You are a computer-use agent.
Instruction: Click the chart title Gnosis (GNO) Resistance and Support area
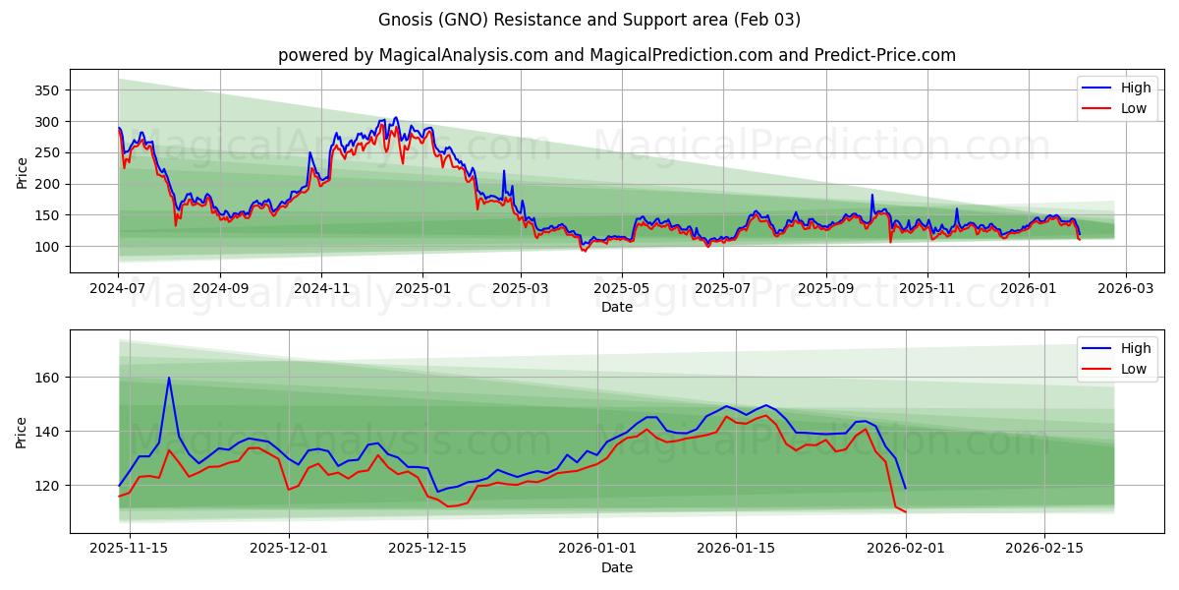pos(589,20)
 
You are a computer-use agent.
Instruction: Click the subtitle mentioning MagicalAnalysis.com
pos(616,55)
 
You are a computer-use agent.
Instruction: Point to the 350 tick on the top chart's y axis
pos(47,90)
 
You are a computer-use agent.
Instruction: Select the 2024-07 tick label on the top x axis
pos(118,289)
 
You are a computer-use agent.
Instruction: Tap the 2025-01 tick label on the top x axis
pos(422,289)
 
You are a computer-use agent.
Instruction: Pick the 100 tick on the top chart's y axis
pos(47,247)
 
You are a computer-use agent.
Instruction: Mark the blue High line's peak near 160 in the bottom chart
pos(168,378)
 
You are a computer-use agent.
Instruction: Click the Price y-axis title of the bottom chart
pos(22,431)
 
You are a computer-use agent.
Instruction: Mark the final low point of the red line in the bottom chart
pos(905,512)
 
